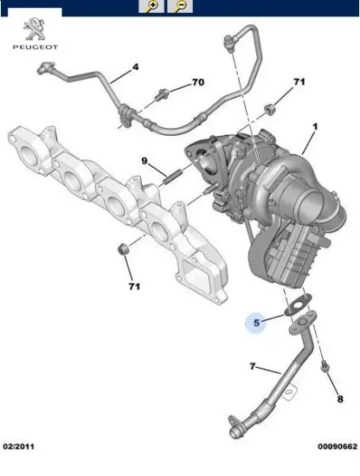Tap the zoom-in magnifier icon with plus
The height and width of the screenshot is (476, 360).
point(152,6)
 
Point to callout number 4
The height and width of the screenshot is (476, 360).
point(135,66)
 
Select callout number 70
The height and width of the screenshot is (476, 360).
point(197,82)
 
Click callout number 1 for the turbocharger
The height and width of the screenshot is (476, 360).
point(315,127)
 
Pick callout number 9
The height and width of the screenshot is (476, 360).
point(145,160)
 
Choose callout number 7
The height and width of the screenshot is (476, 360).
point(253,367)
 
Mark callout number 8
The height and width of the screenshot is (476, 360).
point(339,398)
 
